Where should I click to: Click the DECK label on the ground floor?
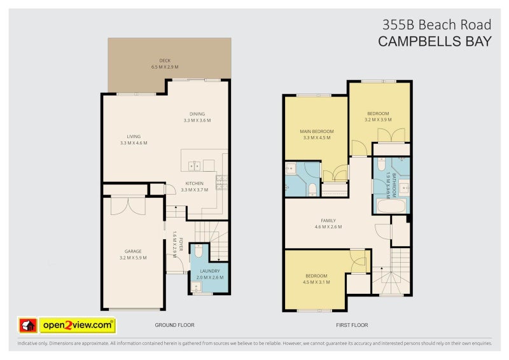coord(165,60)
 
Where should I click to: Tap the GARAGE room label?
coord(133,251)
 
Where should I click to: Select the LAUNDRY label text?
coord(210,271)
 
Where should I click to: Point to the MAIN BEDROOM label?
coord(317,132)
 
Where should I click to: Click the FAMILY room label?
coord(328,221)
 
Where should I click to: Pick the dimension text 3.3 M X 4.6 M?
coord(134,143)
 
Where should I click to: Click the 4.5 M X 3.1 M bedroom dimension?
coord(316,282)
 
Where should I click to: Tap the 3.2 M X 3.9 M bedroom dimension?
coord(378,120)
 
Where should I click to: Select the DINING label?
coord(197,114)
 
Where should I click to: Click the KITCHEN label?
coord(195,183)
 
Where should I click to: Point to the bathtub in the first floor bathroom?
coord(391,206)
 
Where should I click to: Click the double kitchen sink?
coord(194,166)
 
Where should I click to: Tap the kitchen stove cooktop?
coord(221,182)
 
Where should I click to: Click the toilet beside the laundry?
coord(199,251)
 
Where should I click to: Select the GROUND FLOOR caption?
coord(174,325)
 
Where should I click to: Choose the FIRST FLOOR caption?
coord(352,325)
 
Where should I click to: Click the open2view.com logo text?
coord(78,325)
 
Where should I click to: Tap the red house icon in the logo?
coord(28,325)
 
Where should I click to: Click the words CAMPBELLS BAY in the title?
coord(435,41)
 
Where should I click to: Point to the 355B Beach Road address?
coord(436,25)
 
